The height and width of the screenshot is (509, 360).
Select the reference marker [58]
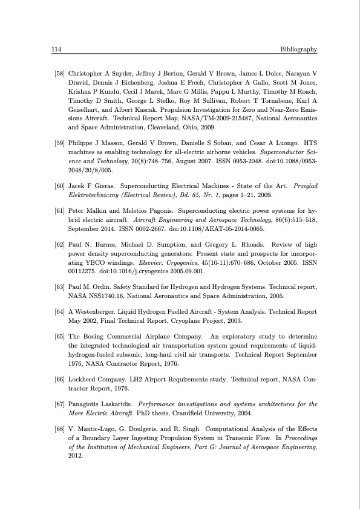60,73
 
